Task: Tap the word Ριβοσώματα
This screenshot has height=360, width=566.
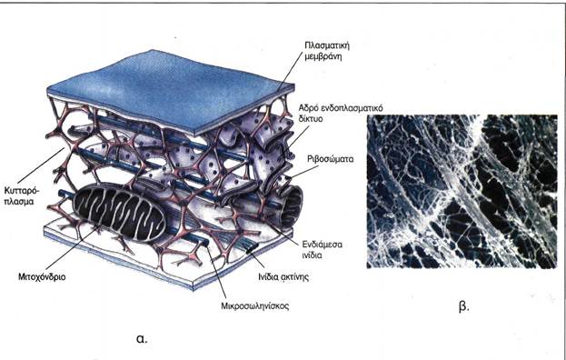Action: [331, 159]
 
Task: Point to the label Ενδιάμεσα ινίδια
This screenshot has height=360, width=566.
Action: [323, 249]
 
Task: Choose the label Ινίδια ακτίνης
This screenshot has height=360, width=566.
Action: [283, 277]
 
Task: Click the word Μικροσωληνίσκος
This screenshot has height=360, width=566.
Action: [255, 306]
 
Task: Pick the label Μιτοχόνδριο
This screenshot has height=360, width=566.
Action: [42, 277]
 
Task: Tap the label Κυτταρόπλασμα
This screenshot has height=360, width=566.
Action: [19, 195]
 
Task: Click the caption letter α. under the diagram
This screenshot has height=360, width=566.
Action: [143, 339]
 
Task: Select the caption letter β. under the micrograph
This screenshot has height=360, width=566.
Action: [463, 307]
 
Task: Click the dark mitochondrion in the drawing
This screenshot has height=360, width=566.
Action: [119, 213]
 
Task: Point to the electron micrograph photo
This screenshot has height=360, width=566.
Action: [462, 192]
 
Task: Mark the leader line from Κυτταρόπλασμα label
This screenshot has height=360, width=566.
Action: [41, 165]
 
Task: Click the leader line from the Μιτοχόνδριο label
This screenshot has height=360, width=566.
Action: [72, 248]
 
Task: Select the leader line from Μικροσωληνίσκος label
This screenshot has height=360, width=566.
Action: [217, 273]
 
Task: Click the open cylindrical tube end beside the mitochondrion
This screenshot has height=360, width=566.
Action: [292, 208]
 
